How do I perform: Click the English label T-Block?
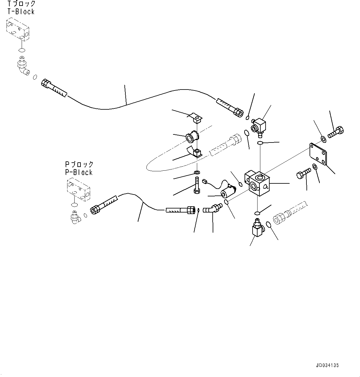[x=21, y=12]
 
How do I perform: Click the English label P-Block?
[x=79, y=172]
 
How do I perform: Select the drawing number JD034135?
[x=327, y=365]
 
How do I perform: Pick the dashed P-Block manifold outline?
[x=78, y=189]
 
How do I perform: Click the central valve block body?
[x=259, y=184]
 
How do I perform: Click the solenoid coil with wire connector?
[x=228, y=191]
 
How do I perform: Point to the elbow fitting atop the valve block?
[x=258, y=125]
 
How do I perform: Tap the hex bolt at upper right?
[x=336, y=133]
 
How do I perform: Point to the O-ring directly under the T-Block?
[x=22, y=50]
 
